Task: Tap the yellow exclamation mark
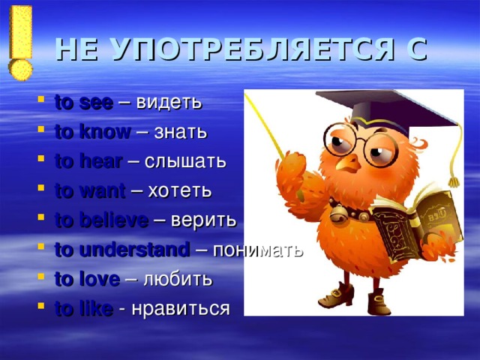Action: tap(21, 41)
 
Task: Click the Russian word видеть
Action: tap(169, 102)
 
